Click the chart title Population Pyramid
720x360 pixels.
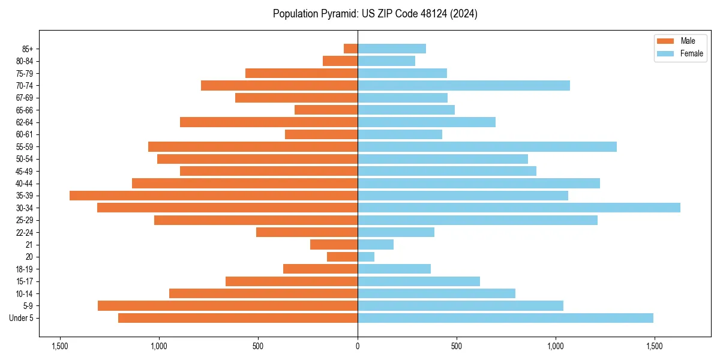pos(375,14)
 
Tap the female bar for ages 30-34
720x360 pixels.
pos(518,208)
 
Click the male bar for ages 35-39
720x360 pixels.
pos(214,196)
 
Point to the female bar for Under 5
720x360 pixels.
pos(505,318)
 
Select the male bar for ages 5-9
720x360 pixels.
pos(227,306)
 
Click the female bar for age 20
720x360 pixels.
pos(366,257)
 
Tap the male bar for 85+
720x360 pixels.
pos(350,49)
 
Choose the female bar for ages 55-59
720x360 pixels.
pos(487,147)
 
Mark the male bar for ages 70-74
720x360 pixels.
pos(279,86)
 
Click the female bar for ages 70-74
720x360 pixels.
pos(463,86)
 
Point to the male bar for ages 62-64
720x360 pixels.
pos(269,122)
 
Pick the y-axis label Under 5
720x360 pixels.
pos(22,318)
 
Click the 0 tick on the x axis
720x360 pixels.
pos(358,346)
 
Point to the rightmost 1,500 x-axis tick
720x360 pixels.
pos(655,346)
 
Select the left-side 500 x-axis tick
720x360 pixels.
pos(258,346)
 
